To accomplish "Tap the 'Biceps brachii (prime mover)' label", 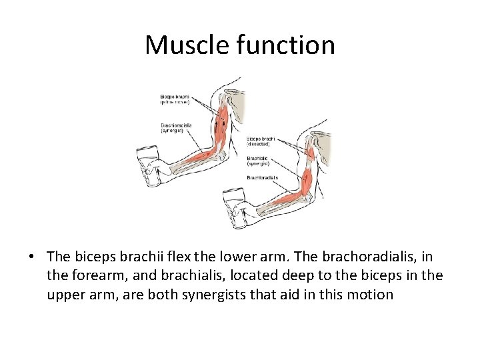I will click(174, 99).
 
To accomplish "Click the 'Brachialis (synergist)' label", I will click(259, 160).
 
